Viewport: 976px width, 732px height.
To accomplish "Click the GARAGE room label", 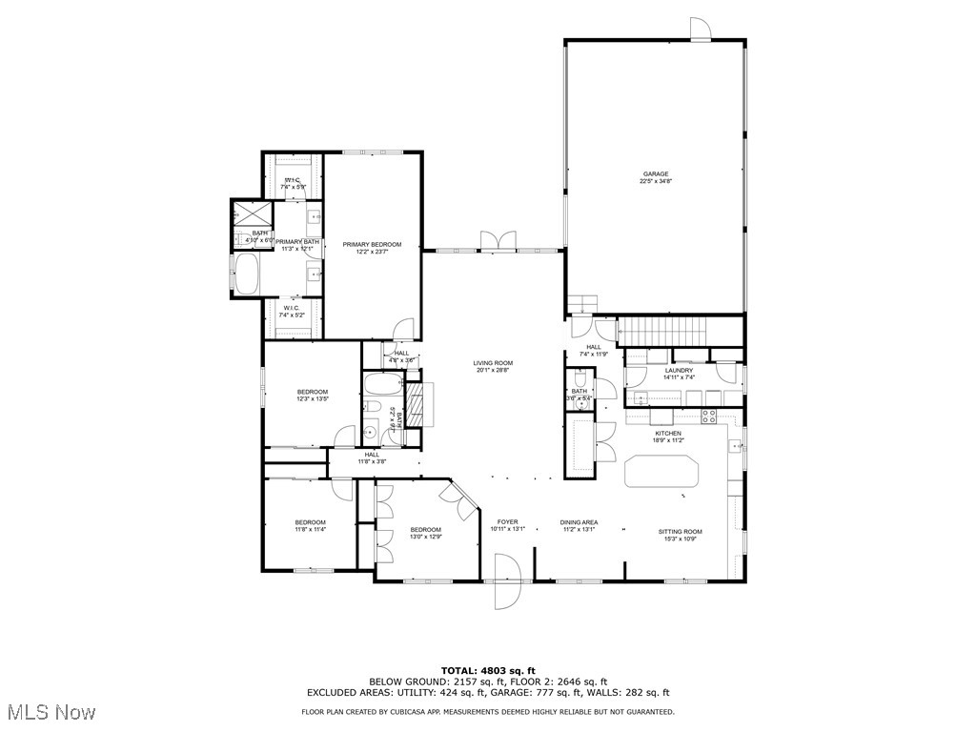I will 655,174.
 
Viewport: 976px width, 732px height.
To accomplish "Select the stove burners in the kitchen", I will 709,416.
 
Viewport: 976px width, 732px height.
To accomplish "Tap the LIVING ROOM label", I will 493,363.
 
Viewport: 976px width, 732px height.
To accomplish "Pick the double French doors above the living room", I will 498,240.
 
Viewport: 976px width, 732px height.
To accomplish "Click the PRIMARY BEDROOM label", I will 372,245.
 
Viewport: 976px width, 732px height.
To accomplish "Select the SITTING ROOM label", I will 680,532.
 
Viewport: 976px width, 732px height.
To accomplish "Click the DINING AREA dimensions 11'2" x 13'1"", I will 579,530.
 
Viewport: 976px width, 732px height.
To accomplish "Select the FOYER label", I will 507,522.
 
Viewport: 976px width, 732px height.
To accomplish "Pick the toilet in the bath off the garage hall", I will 579,402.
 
